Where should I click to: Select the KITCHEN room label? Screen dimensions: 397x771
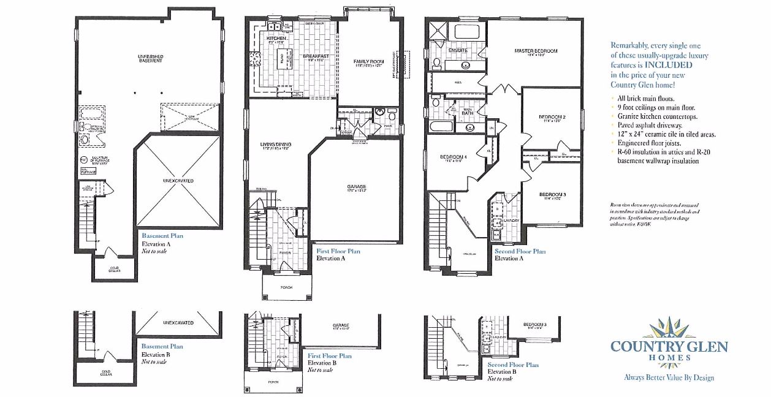276,39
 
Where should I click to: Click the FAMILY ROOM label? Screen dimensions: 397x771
368,62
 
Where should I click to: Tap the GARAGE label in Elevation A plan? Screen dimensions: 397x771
356,186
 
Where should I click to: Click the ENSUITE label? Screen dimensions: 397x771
458,50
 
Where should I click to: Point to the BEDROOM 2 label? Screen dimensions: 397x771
552,116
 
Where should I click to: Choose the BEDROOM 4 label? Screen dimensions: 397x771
454,157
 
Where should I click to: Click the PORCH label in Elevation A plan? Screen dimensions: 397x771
286,287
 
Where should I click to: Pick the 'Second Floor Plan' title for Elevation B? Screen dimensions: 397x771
513,365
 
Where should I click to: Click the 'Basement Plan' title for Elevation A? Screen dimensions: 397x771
162,235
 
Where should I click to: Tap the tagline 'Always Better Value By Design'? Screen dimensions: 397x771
669,377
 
